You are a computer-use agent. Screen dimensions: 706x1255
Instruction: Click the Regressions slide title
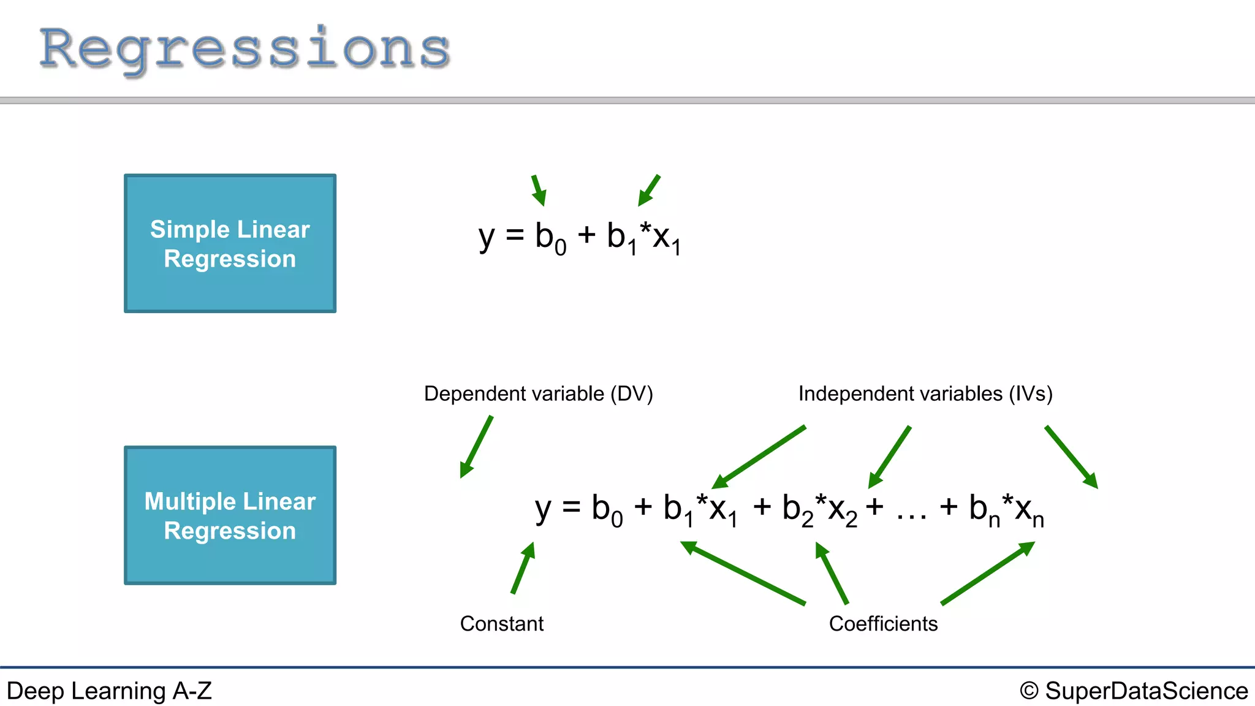[x=245, y=49]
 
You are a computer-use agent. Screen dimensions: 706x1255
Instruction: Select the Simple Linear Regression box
[x=230, y=243]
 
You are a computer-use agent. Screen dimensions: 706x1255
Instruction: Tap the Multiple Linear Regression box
[x=230, y=515]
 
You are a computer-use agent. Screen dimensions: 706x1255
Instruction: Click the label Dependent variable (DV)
[x=538, y=393]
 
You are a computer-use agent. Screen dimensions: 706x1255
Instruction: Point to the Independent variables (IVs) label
[x=925, y=393]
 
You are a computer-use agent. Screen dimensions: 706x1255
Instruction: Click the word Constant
[x=501, y=623]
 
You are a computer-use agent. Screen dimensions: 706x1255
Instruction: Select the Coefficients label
[x=883, y=623]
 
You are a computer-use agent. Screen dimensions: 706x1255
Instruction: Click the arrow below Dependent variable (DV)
[x=477, y=446]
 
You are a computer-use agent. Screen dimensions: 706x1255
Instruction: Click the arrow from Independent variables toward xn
[x=1071, y=457]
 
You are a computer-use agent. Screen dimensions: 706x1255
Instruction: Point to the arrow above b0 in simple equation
[x=538, y=190]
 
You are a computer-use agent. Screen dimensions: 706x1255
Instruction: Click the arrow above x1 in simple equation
[x=649, y=190]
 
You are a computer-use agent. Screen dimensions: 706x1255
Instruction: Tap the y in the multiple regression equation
[x=543, y=509]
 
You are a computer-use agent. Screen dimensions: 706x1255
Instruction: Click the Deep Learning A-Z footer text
[x=109, y=691]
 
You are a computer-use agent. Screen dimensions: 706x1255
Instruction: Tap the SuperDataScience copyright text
[x=1134, y=691]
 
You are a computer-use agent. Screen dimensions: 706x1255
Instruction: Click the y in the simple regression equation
[x=487, y=238]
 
